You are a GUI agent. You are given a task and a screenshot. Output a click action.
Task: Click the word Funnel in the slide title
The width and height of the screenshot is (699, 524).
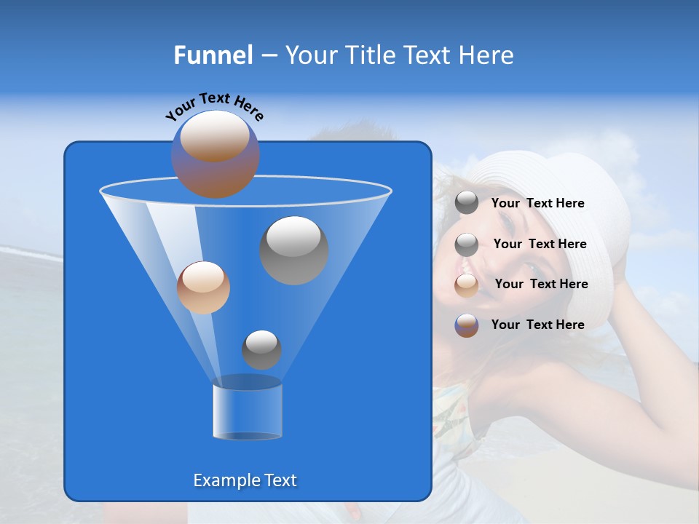213,55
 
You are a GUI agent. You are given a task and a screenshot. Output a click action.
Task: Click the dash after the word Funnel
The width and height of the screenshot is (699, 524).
268,56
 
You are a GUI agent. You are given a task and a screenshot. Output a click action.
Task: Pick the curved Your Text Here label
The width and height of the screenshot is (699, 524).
214,105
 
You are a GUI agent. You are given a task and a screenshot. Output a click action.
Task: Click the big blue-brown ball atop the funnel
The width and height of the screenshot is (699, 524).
215,154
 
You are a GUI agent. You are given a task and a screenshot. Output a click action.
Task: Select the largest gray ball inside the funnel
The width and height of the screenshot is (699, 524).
293,250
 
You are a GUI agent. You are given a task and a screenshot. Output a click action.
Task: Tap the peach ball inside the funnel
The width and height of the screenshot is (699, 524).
203,287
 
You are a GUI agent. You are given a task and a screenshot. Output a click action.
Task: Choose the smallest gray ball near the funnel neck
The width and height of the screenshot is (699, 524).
261,350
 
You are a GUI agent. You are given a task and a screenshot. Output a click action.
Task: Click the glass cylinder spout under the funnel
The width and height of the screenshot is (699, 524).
248,410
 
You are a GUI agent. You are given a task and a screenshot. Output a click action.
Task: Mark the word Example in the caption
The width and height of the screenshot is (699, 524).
223,480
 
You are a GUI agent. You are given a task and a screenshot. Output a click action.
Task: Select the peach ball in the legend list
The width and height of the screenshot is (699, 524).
467,285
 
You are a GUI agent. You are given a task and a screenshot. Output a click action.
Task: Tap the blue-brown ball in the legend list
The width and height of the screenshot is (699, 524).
467,325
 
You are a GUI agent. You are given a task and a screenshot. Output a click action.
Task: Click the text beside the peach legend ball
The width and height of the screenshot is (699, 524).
541,284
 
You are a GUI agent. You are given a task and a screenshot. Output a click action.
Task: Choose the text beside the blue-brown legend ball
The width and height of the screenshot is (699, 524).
537,325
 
